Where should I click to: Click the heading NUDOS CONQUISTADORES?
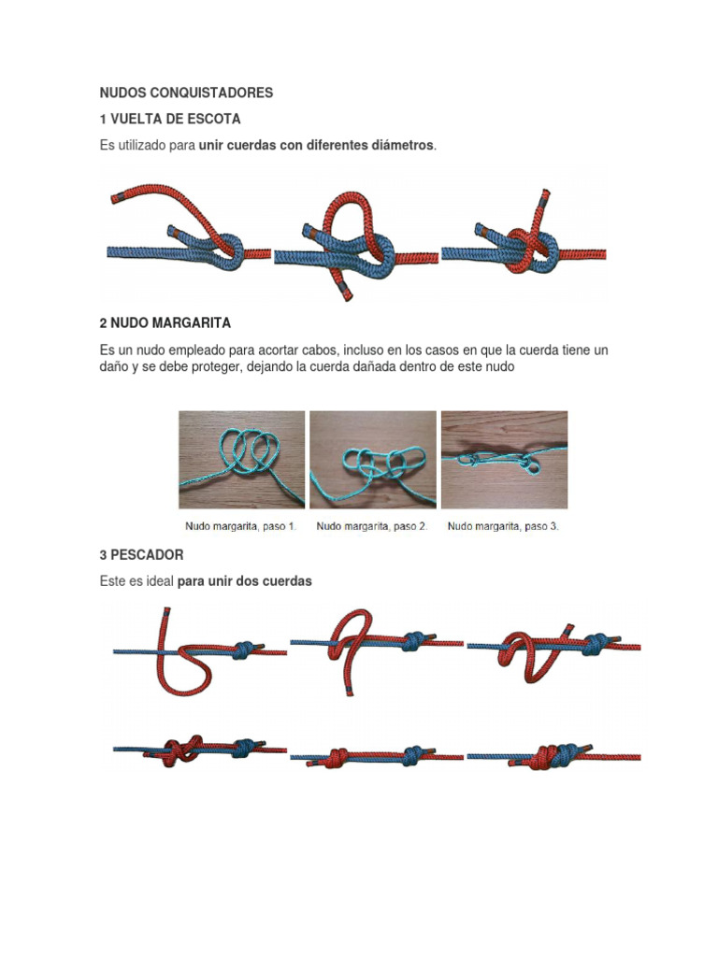(x=186, y=93)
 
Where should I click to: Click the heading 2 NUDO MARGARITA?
(x=165, y=322)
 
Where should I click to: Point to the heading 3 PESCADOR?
(x=142, y=555)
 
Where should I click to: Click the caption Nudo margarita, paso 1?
(x=240, y=526)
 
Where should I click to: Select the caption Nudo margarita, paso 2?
(x=372, y=526)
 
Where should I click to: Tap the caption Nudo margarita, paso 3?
(x=503, y=526)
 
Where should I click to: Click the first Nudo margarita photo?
(x=242, y=460)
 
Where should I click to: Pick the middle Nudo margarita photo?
(x=373, y=460)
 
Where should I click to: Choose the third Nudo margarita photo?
(x=504, y=460)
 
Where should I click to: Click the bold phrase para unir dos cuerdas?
(x=244, y=581)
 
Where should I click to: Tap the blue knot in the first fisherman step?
(x=244, y=650)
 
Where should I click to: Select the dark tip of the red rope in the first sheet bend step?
(x=117, y=198)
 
